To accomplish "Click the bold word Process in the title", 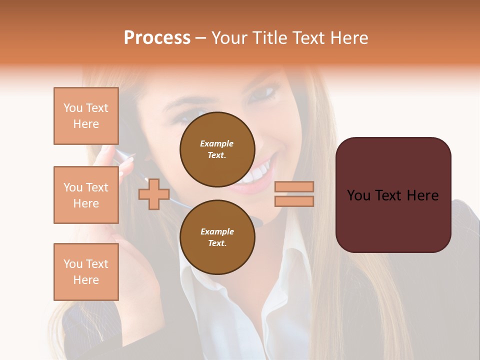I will [157, 38].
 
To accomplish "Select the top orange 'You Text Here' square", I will [86, 116].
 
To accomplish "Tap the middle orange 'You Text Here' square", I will [86, 195].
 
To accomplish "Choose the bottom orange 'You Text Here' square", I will [86, 272].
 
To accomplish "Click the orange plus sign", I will [153, 194].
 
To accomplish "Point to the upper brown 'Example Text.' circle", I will [217, 149].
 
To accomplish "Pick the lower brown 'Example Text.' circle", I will [217, 237].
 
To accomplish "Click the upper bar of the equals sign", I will [294, 186].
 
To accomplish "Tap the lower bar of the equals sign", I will [294, 201].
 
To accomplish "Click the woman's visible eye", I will [264, 92].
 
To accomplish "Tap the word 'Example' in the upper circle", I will [217, 143].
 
